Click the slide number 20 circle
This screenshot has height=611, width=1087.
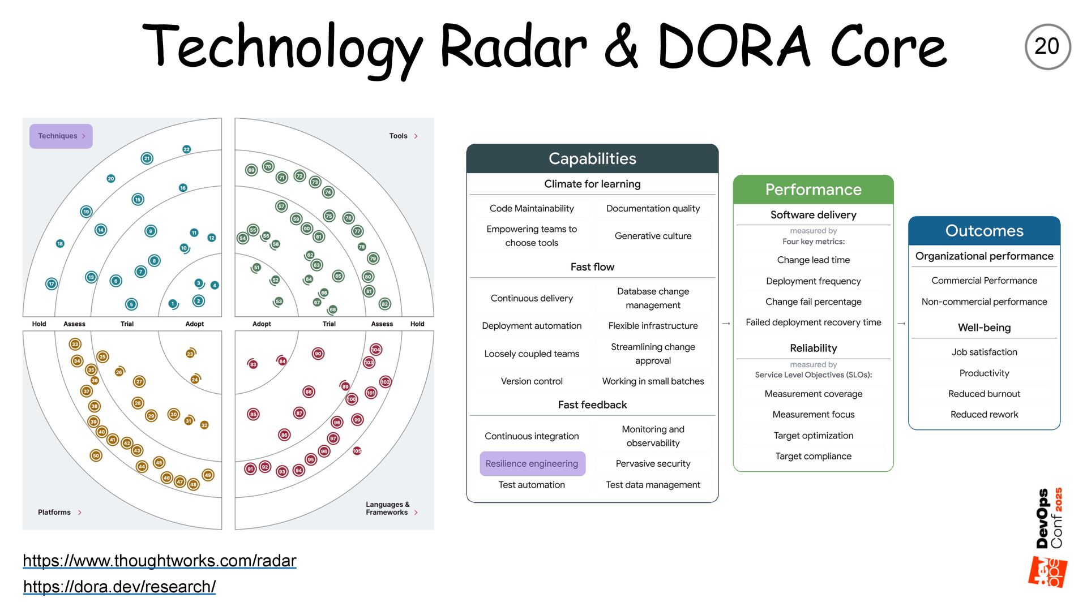(1047, 46)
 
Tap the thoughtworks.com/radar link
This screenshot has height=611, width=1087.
(159, 561)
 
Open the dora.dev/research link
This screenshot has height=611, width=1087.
(119, 587)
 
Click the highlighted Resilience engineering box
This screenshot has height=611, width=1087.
(532, 464)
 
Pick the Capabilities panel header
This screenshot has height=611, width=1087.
(592, 159)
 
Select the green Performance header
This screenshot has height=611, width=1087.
(813, 190)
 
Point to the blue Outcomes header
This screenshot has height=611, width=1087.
(984, 231)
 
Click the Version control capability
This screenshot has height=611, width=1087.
(532, 381)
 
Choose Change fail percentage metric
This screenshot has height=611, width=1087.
(813, 302)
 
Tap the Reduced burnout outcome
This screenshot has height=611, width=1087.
(984, 394)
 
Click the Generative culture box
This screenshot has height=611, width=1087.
(653, 236)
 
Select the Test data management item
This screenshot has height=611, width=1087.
(653, 485)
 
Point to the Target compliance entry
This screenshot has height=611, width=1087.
(813, 457)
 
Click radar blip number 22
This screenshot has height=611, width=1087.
(187, 149)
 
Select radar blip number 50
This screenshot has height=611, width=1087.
(96, 455)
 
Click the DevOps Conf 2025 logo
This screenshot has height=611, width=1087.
(1049, 537)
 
